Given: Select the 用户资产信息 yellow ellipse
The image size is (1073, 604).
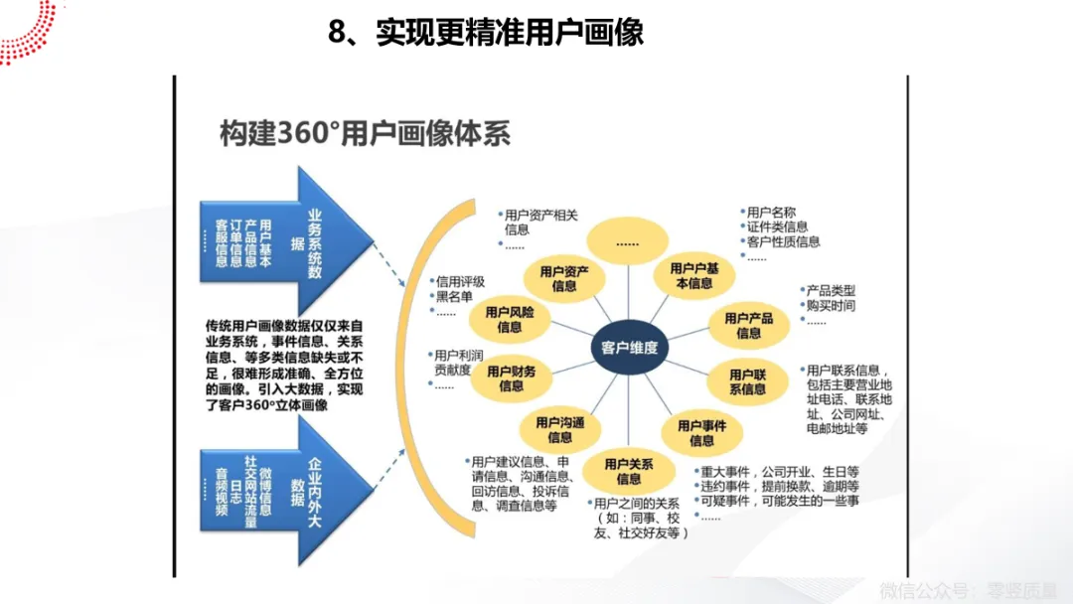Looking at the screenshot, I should coord(564,278).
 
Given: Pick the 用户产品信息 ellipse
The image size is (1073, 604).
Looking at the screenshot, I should coord(749,326).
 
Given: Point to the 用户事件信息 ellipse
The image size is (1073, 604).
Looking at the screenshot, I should coord(701,432).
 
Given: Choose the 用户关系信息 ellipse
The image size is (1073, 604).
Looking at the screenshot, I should coord(628,471).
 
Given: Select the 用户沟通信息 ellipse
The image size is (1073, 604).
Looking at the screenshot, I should coord(559,430).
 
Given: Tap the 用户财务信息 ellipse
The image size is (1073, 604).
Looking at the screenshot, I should coord(511,378).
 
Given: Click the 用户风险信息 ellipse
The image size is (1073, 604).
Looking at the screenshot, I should coord(510,319).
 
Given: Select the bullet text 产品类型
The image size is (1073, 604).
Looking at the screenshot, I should coord(830,289).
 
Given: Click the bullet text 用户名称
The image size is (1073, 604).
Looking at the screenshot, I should coord(771,212).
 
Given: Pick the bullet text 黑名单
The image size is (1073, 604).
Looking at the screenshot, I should coord(453,297).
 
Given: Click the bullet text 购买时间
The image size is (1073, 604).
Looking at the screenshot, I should coord(830,305).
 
